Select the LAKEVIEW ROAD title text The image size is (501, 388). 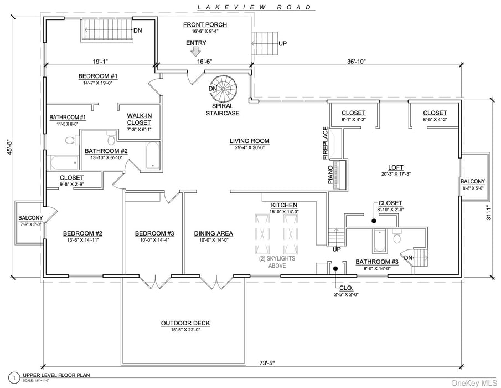[x=255, y=7]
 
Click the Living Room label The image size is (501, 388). [x=250, y=141]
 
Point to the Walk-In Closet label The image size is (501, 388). [x=138, y=119]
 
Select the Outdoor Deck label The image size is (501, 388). [x=185, y=323]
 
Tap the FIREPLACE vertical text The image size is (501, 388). [x=326, y=142]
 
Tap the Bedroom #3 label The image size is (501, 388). [x=154, y=233]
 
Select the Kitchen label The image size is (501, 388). [x=284, y=205]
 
